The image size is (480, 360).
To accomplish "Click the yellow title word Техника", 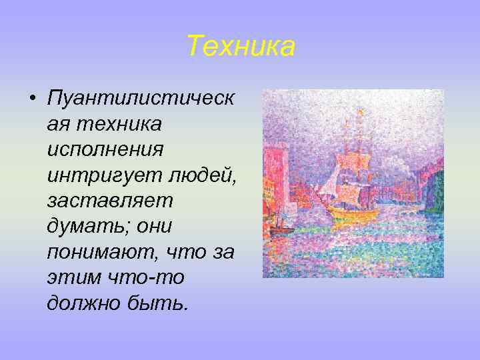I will pos(240,47).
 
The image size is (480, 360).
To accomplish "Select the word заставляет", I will pos(110,200).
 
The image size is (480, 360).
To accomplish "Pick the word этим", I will pos(69,277).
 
